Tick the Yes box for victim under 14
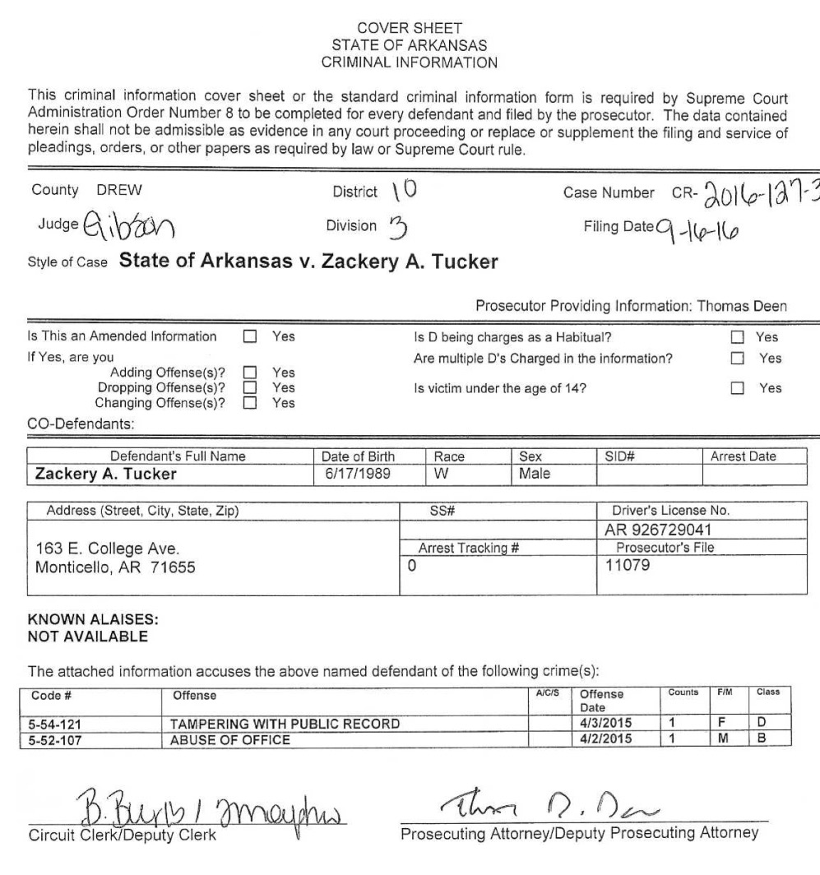[737, 389]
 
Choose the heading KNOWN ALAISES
[73, 623]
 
